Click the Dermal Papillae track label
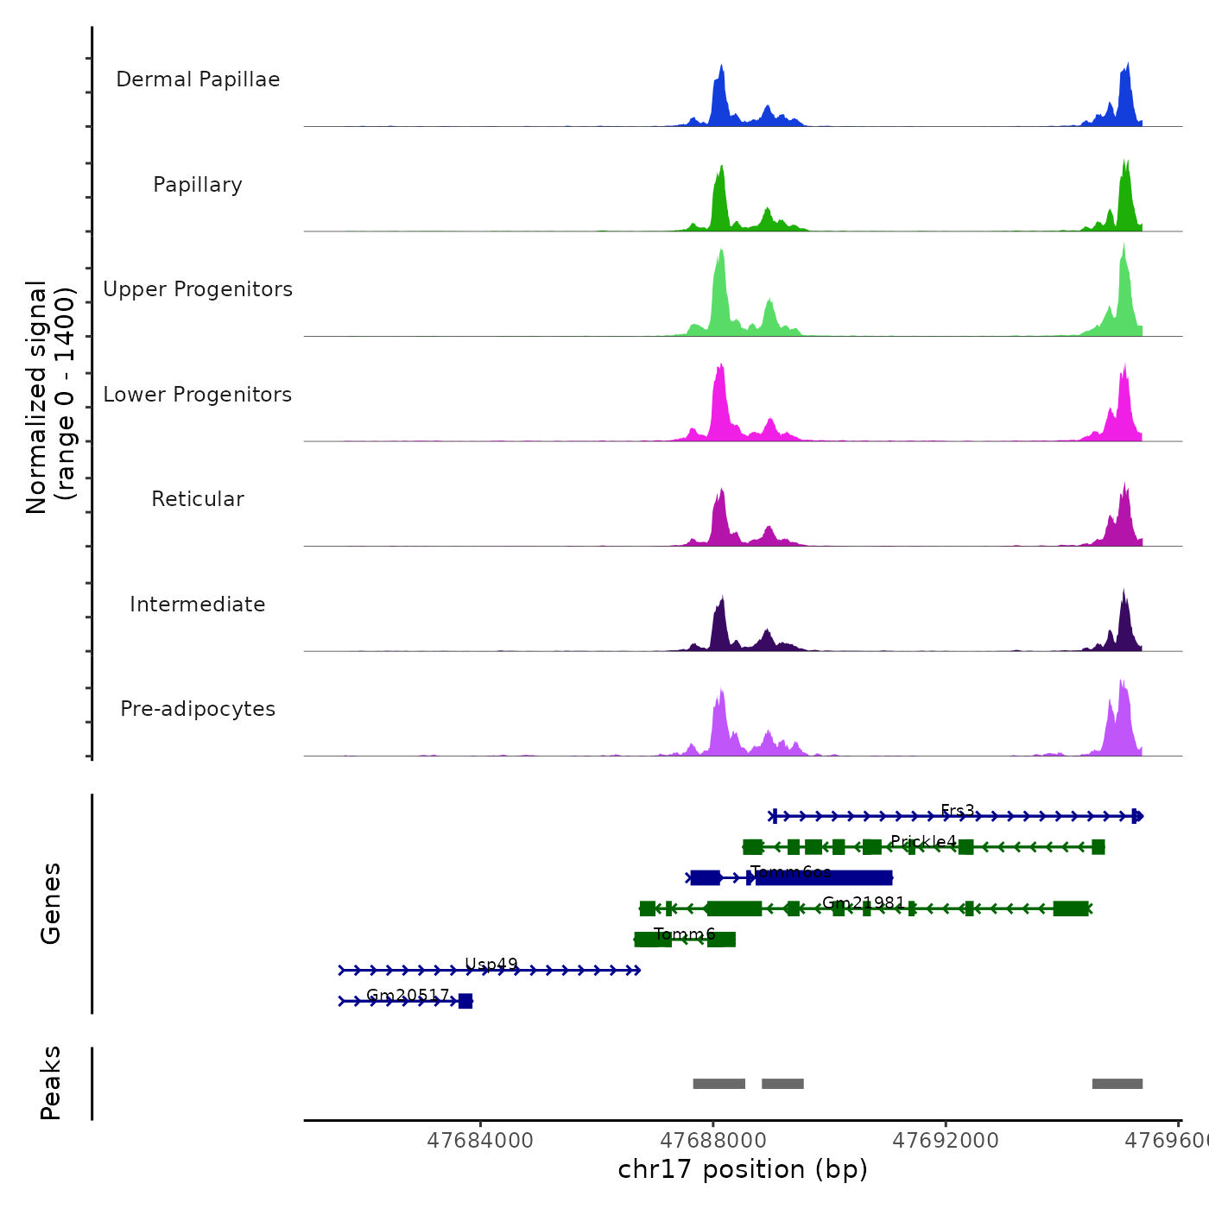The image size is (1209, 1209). pos(198,79)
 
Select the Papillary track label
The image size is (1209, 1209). pos(198,185)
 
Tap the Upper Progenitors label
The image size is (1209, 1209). pos(198,289)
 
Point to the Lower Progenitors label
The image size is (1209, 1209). pos(198,395)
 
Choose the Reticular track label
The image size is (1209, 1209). pos(198,499)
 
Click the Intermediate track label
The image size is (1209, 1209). pos(198,604)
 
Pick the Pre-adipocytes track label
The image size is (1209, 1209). pos(198,709)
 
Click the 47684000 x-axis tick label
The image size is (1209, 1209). pos(480,1141)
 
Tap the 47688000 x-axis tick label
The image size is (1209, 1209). pos(713,1141)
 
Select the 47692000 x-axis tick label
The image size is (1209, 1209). pos(946,1141)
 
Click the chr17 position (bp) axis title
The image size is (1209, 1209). pos(743,1169)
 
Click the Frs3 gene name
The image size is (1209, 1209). pos(957,811)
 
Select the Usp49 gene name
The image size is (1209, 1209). pos(491,965)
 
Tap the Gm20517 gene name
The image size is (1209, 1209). pos(408,995)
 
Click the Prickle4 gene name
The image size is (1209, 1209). pos(923,841)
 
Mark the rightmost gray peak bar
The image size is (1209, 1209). pos(1117,1084)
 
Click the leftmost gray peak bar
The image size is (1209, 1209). pos(718,1084)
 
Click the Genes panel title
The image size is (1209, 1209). pos(51,903)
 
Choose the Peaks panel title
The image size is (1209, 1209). pos(51,1083)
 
